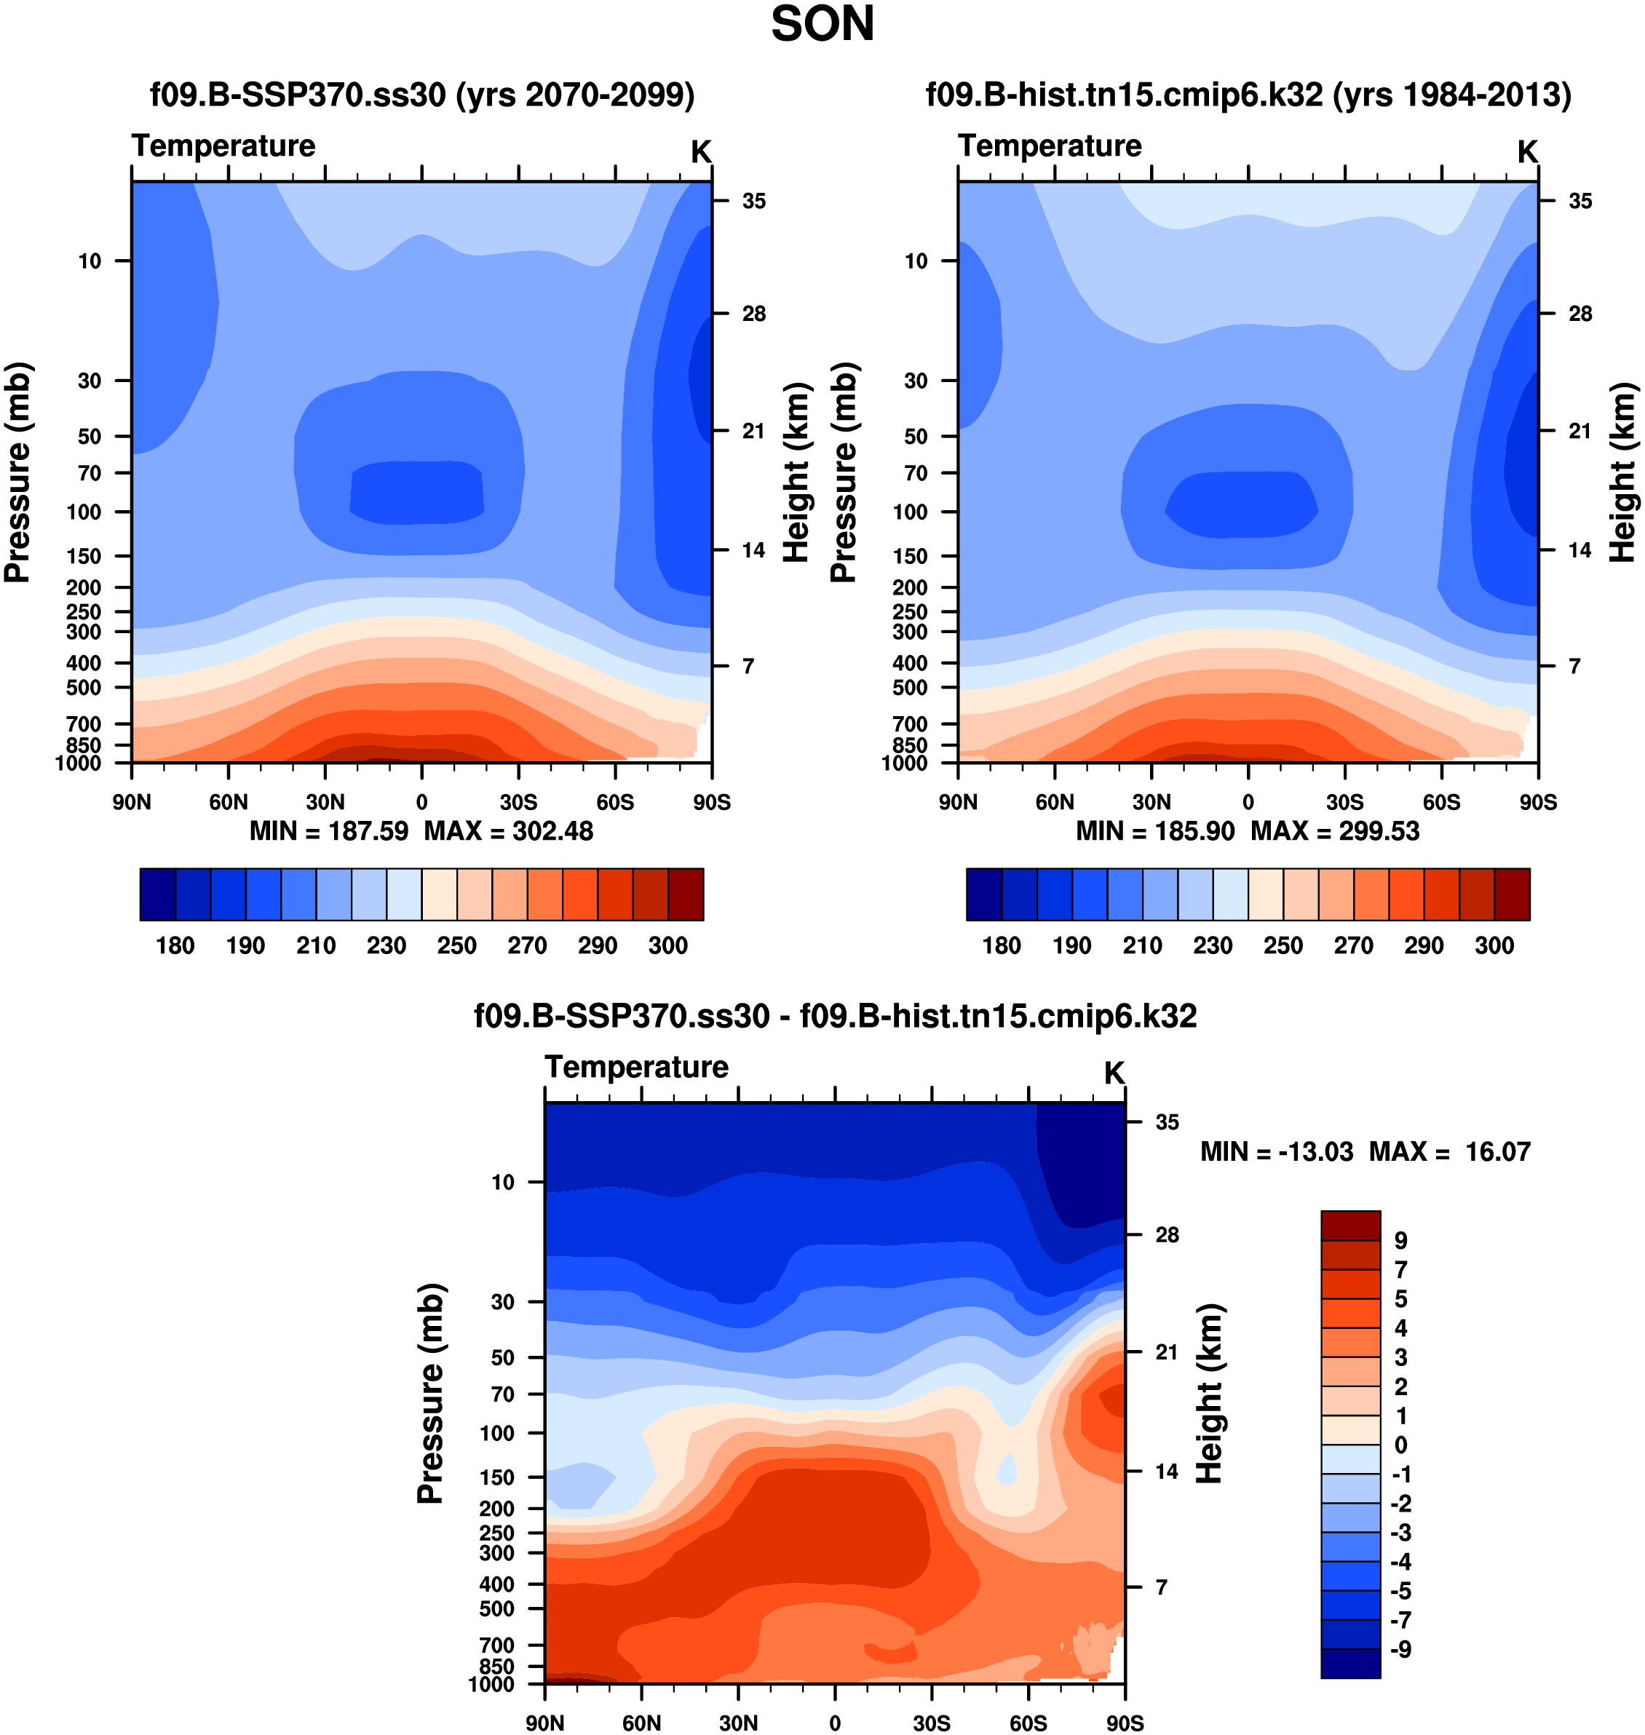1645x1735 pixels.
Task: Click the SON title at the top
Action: (x=822, y=25)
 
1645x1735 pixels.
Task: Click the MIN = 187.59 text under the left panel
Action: (x=329, y=831)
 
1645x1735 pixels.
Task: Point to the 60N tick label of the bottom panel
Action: (x=641, y=1723)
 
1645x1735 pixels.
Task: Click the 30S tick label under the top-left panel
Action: (x=518, y=802)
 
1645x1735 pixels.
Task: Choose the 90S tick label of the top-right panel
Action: (x=1538, y=802)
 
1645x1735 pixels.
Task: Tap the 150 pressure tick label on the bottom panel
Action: (x=496, y=1477)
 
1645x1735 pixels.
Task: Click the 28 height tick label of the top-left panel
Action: (x=753, y=314)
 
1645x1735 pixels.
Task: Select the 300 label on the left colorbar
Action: (x=667, y=946)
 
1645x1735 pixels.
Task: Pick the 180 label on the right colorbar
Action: (x=1002, y=946)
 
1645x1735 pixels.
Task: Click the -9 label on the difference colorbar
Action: (x=1400, y=1649)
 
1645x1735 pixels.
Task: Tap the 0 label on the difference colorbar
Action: (x=1400, y=1445)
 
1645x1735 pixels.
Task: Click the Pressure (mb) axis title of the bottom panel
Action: (x=431, y=1394)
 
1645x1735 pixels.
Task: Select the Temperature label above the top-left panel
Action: (x=223, y=146)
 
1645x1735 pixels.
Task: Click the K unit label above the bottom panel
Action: (x=1114, y=1073)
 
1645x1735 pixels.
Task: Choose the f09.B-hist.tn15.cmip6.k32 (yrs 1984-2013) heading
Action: (x=1248, y=95)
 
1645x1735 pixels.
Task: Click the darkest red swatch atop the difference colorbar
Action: (x=1350, y=1225)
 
